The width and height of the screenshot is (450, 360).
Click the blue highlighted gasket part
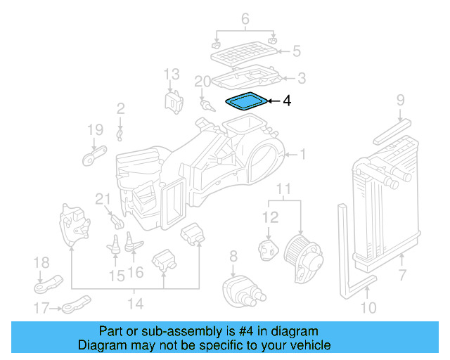pos(246,102)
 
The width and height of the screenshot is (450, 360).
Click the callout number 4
pos(286,102)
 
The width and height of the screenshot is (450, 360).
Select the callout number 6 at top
pos(245,19)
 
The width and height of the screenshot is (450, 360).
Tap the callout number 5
pos(297,51)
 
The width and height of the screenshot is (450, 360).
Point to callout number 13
pos(172,74)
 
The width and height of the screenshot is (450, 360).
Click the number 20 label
pos(202,82)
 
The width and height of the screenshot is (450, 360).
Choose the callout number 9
pos(400,101)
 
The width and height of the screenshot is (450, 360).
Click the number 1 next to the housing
pos(303,154)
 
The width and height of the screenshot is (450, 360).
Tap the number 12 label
pos(270,219)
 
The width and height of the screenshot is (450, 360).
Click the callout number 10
pos(368,307)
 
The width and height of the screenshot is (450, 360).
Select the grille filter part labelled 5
pos(243,51)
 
